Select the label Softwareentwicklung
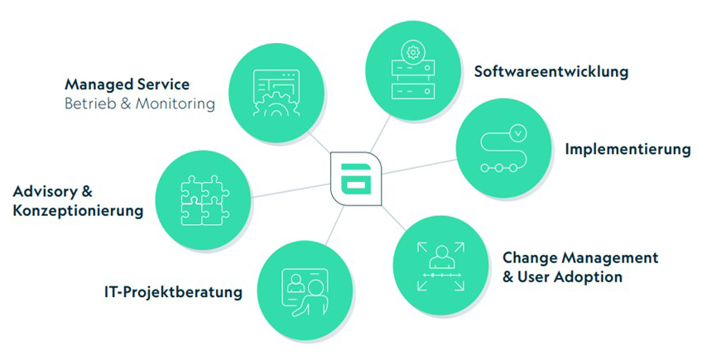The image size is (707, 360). click(551, 71)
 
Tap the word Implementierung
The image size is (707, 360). click(628, 150)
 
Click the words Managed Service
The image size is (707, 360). click(127, 84)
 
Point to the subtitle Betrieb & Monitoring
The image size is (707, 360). click(139, 104)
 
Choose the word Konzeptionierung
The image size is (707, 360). click(78, 211)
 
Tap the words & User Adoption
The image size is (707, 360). click(562, 277)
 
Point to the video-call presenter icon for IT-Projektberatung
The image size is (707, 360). click(304, 290)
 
